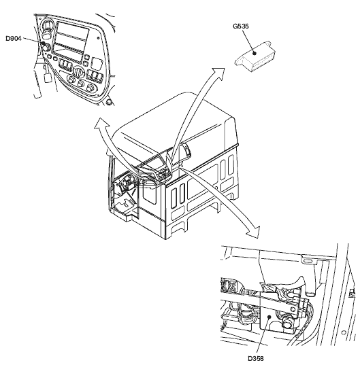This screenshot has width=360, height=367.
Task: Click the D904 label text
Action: (x=14, y=38)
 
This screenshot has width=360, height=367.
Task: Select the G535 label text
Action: (x=241, y=27)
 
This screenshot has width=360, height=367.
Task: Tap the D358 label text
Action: (x=256, y=358)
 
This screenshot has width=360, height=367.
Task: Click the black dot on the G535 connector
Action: (x=255, y=53)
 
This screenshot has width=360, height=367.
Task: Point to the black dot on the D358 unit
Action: (x=269, y=317)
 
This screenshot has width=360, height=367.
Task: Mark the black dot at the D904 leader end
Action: (x=43, y=43)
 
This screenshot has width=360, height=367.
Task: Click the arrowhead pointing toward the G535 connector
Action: (x=218, y=73)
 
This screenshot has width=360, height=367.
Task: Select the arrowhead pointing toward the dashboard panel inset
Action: (x=101, y=123)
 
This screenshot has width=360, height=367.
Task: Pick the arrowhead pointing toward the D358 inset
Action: (x=254, y=232)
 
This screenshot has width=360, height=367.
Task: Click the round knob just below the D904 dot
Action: (x=46, y=48)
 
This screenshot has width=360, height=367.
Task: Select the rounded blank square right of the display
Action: (x=97, y=63)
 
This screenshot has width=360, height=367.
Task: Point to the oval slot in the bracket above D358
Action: (x=308, y=261)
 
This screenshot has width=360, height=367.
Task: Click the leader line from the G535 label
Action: (x=248, y=41)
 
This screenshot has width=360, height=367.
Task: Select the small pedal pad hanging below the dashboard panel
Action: (x=48, y=77)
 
